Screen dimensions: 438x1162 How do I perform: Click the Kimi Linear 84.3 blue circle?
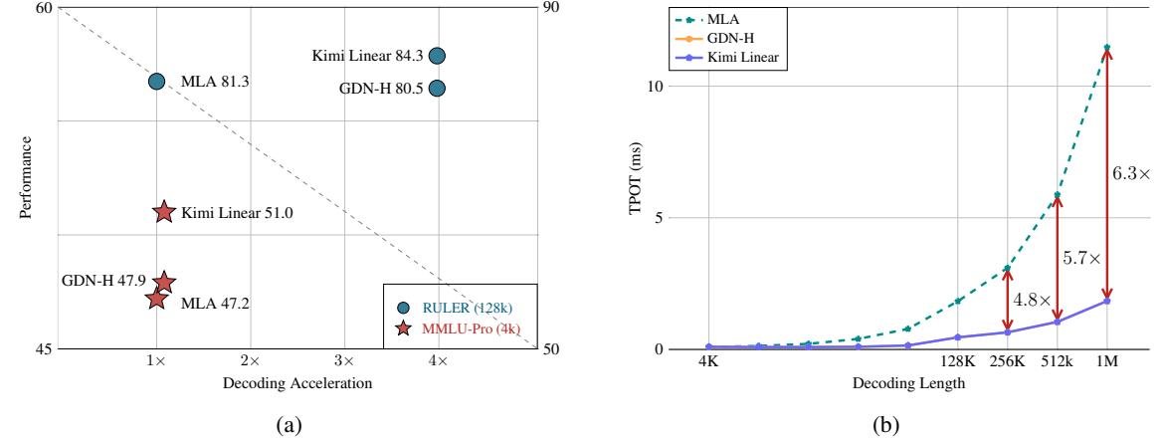(x=436, y=56)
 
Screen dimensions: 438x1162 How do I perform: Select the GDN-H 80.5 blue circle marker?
(x=436, y=88)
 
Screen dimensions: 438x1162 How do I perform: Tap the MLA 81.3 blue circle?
(x=156, y=81)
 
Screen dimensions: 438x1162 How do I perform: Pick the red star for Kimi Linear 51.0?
(x=164, y=212)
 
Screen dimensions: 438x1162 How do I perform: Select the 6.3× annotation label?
(x=1131, y=173)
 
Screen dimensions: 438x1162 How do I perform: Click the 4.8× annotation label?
(x=1032, y=299)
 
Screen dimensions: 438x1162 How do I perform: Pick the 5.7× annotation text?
(x=1081, y=258)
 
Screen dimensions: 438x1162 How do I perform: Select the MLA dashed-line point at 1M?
(x=1106, y=48)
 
